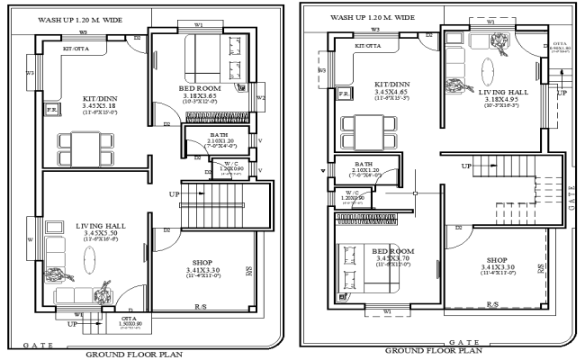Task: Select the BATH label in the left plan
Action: click(x=194, y=133)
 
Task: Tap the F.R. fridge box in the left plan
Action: click(x=53, y=112)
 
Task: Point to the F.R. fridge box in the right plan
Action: click(x=344, y=93)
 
